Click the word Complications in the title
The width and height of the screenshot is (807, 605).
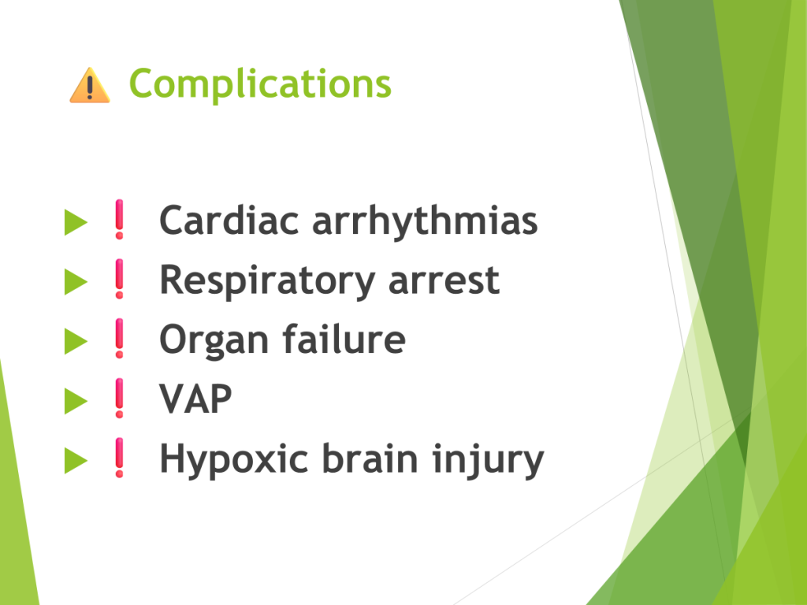(260, 84)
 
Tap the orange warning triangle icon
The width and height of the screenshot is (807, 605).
(90, 85)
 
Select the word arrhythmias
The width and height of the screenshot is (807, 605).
(425, 221)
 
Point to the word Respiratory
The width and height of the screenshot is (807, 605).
(267, 282)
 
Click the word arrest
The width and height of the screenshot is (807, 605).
(444, 281)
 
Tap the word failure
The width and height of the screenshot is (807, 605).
(344, 339)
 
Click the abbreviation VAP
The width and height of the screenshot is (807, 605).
(195, 399)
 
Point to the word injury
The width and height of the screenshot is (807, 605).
(487, 460)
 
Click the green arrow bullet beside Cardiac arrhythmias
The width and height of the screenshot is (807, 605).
(76, 222)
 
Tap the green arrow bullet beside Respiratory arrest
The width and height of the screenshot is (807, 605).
(76, 282)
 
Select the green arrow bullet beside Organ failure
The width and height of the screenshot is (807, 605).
(76, 342)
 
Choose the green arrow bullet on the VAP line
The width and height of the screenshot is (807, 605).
(76, 401)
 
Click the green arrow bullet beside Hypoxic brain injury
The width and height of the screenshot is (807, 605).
(76, 460)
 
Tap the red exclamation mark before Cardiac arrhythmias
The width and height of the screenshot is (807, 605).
(120, 219)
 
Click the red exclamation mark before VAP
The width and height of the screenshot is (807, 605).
(120, 398)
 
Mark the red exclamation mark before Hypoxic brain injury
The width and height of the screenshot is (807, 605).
(120, 458)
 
